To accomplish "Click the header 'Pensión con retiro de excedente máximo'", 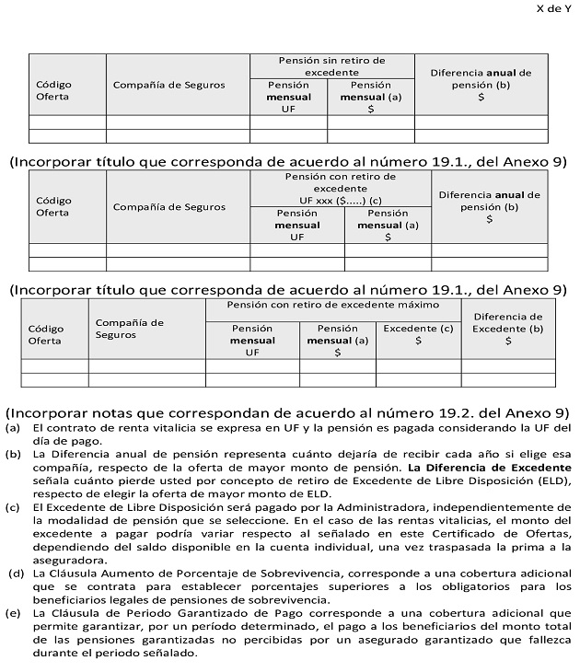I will click(x=333, y=304).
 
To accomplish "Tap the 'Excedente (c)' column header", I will click(x=418, y=333).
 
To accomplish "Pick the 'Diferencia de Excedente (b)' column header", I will click(x=508, y=328).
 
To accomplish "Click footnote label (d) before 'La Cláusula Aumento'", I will click(x=16, y=574).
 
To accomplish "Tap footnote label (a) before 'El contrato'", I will click(x=13, y=429).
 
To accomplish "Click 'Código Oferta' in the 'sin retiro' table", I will click(x=53, y=90).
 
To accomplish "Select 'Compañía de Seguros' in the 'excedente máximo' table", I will click(x=129, y=328).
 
